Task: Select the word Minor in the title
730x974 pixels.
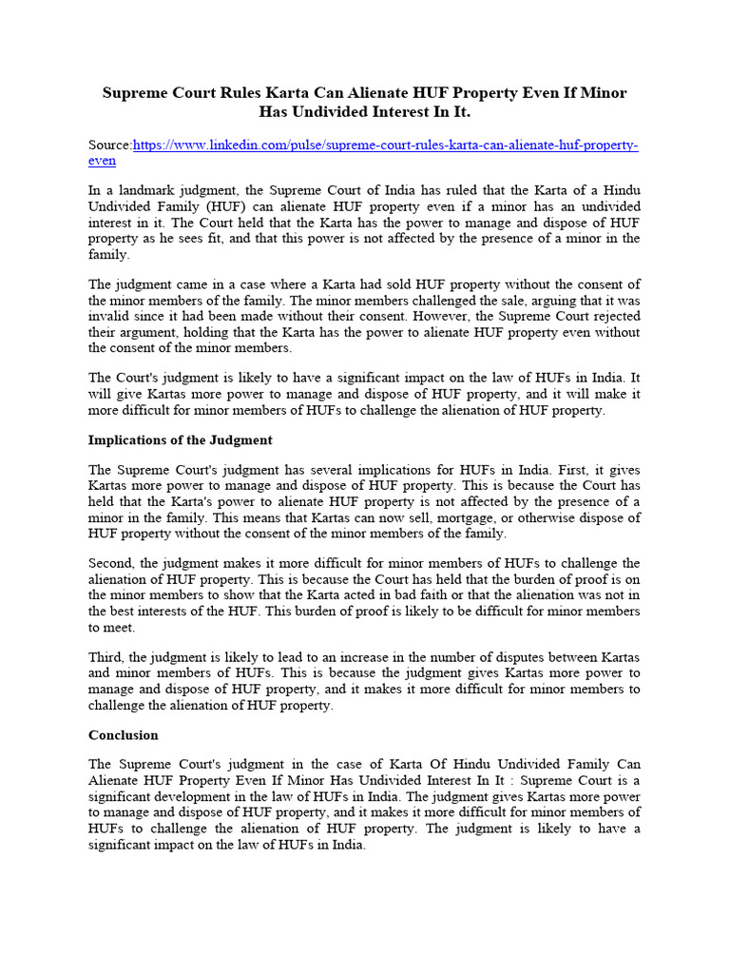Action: (x=605, y=93)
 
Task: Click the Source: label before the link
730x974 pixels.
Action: (x=110, y=145)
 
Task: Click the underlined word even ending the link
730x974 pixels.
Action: (x=102, y=160)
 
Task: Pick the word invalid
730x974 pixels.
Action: (x=110, y=316)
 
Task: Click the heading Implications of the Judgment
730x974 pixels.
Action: (x=180, y=439)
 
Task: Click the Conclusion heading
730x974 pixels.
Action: (x=124, y=735)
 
